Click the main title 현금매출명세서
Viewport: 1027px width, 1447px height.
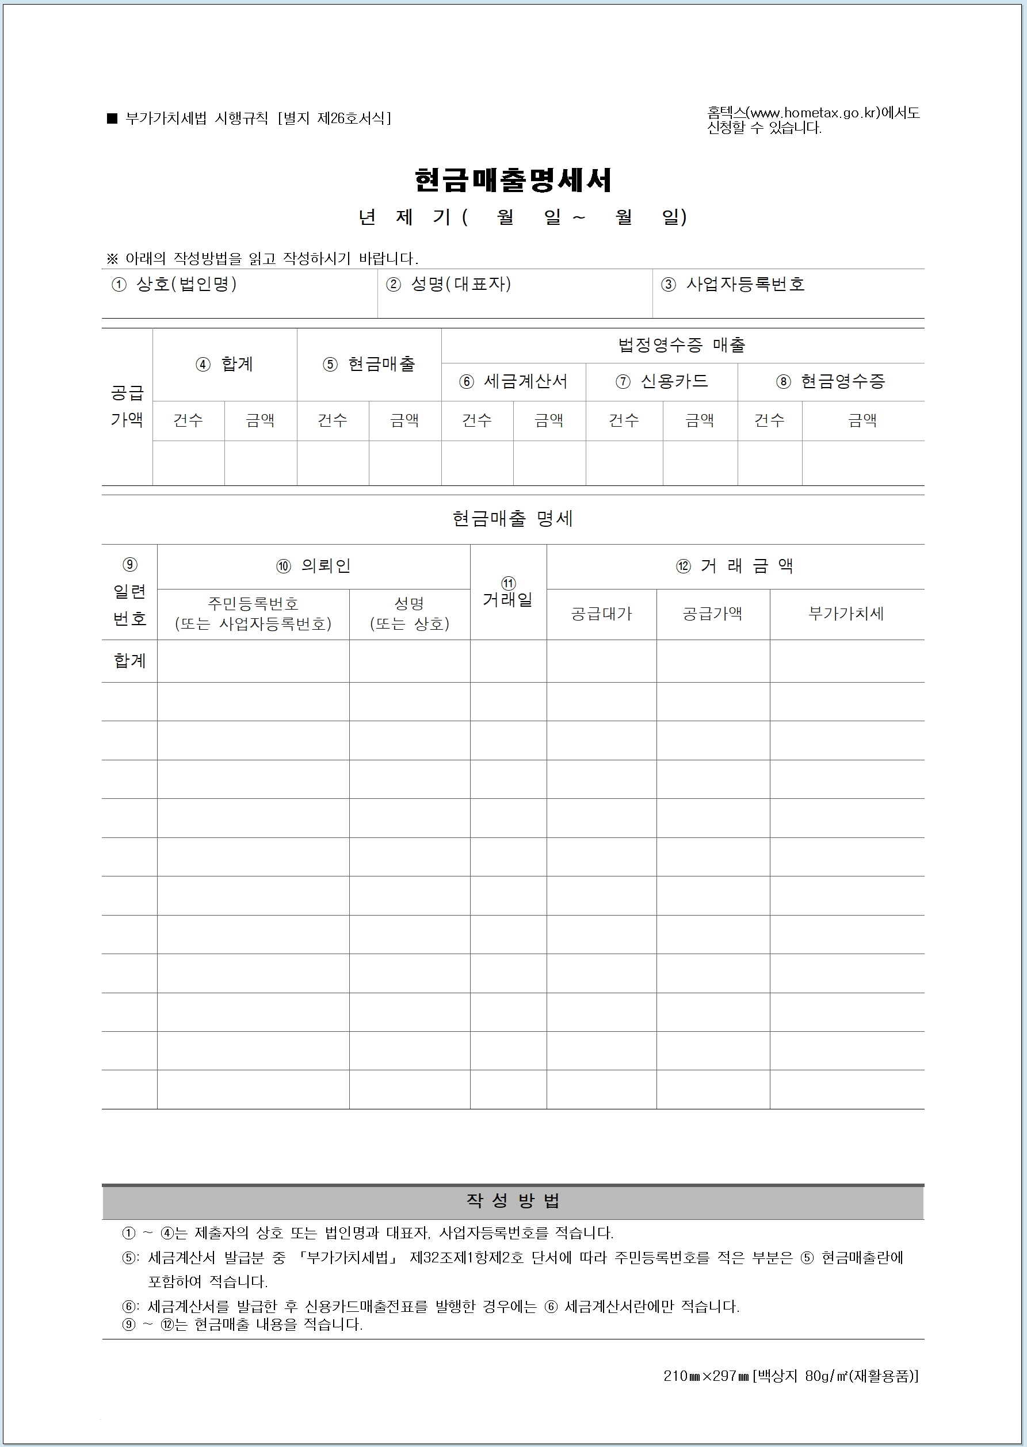513,181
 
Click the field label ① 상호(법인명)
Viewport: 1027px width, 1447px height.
174,284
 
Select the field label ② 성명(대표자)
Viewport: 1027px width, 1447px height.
448,284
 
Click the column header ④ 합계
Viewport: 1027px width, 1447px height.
224,364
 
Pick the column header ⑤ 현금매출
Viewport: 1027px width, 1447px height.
369,364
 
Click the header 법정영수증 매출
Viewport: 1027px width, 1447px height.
682,345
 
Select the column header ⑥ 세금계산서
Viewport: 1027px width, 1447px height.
513,381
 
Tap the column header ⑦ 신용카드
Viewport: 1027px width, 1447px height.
662,381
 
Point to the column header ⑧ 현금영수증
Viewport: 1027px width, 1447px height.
830,381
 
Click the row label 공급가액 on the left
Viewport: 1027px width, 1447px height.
127,406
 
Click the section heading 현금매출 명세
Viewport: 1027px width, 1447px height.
513,519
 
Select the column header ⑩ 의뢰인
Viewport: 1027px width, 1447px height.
314,566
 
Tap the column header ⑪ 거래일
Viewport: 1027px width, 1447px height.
508,592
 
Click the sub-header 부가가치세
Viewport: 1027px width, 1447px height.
846,614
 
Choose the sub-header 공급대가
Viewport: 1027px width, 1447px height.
601,614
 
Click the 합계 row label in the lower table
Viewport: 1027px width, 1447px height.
129,661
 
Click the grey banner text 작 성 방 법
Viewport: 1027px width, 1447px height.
513,1201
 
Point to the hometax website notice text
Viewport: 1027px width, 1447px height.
812,120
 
